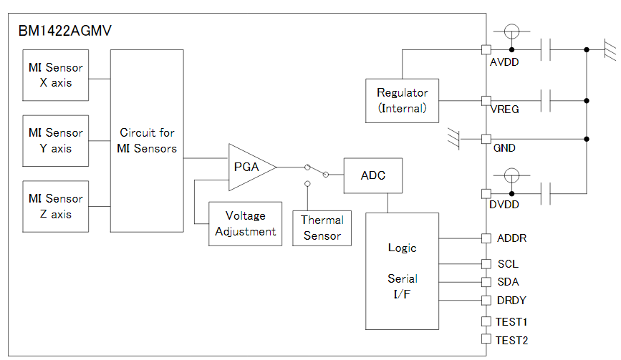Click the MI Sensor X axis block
click(56, 75)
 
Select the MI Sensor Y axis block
click(56, 140)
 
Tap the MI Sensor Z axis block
click(56, 206)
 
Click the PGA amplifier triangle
click(248, 167)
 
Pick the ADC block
click(372, 175)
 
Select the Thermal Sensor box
click(322, 228)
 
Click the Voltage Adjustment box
click(245, 224)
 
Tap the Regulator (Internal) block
click(402, 100)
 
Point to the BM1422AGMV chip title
click(64, 31)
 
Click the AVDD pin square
click(486, 49)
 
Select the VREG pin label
click(505, 110)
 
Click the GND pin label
click(504, 148)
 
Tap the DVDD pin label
click(504, 205)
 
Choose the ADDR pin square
click(486, 238)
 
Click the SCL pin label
click(508, 264)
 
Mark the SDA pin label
click(508, 282)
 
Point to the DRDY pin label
click(511, 301)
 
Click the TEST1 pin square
click(486, 321)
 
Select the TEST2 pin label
click(512, 341)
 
